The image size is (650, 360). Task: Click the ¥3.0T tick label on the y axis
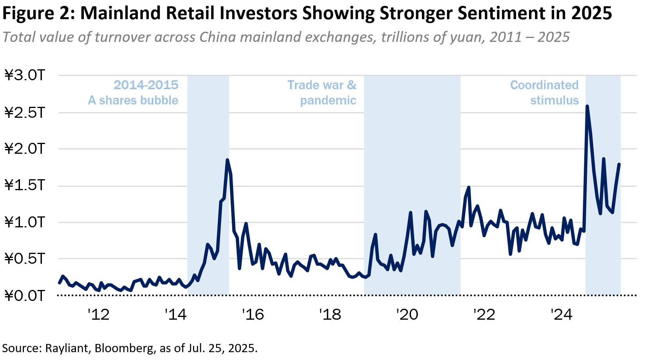pyautogui.click(x=25, y=75)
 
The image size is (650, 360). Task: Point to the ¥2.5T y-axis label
pyautogui.click(x=25, y=112)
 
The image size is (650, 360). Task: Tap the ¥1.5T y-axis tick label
pyautogui.click(x=25, y=185)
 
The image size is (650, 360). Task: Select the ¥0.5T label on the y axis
pyautogui.click(x=25, y=258)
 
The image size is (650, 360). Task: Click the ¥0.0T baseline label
pyautogui.click(x=25, y=295)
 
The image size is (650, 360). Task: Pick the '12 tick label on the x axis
pyautogui.click(x=98, y=314)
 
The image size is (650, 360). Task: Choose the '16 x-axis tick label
pyautogui.click(x=253, y=314)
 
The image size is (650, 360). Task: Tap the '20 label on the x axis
pyautogui.click(x=407, y=314)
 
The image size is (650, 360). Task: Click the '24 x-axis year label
pyautogui.click(x=562, y=314)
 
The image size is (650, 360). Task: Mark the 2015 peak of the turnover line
pyautogui.click(x=227, y=160)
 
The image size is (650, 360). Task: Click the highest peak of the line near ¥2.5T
pyautogui.click(x=587, y=106)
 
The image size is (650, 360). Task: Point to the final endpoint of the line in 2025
pyautogui.click(x=619, y=164)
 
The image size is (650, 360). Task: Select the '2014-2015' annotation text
pyautogui.click(x=146, y=85)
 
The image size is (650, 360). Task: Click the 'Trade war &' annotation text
pyautogui.click(x=322, y=85)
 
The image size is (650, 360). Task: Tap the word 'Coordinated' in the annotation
pyautogui.click(x=544, y=85)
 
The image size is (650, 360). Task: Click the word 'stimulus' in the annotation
pyautogui.click(x=554, y=100)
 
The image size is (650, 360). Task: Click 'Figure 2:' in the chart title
pyautogui.click(x=38, y=13)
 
